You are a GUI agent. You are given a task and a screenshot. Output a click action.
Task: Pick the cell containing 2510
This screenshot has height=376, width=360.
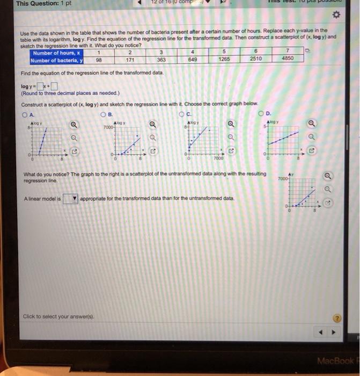pos(255,59)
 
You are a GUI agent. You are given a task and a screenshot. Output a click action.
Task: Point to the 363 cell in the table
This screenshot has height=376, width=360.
pos(161,60)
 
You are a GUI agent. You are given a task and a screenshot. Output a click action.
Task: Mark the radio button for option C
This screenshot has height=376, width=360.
pos(182,113)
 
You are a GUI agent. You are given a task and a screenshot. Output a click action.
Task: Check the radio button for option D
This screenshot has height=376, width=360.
pos(261,113)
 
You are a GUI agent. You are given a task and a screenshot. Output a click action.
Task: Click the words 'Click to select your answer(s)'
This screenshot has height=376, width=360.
pos(58,316)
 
